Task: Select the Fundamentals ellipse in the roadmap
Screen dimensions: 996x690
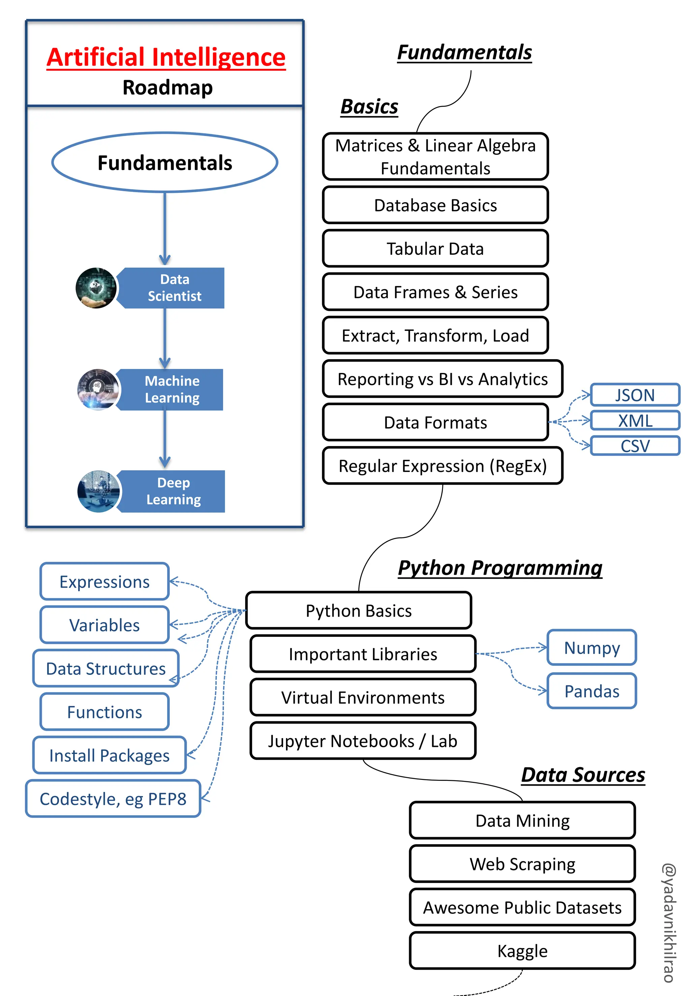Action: [x=165, y=162]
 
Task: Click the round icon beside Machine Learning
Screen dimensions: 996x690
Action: [x=98, y=389]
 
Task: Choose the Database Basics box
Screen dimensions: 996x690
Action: [x=435, y=205]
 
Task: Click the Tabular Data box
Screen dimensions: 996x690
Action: [x=435, y=249]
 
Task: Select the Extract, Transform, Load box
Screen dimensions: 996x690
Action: [x=435, y=336]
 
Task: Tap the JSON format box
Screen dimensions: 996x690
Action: [x=635, y=395]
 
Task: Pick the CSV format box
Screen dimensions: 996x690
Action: [x=635, y=446]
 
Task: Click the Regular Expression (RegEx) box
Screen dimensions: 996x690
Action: [x=442, y=466]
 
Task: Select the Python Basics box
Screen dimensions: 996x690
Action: [x=358, y=611]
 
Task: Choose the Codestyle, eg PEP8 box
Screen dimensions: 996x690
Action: [x=113, y=799]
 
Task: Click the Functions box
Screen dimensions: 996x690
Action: [x=105, y=712]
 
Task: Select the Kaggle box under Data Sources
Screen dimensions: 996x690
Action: [x=522, y=951]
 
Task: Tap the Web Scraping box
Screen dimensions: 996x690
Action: [x=522, y=864]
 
